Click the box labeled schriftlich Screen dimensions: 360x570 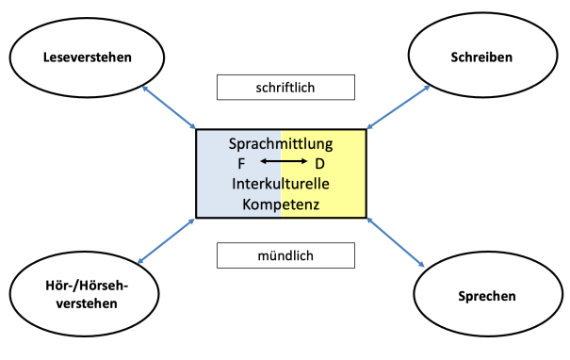click(x=285, y=87)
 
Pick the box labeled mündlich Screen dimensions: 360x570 click(x=285, y=254)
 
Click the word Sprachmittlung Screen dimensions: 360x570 click(x=281, y=145)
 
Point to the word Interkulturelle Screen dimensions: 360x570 click(x=281, y=182)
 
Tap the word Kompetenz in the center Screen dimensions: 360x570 click(x=281, y=202)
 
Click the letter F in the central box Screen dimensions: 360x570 click(x=242, y=163)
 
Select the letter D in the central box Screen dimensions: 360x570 click(x=320, y=163)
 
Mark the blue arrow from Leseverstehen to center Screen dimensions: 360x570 click(x=169, y=106)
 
